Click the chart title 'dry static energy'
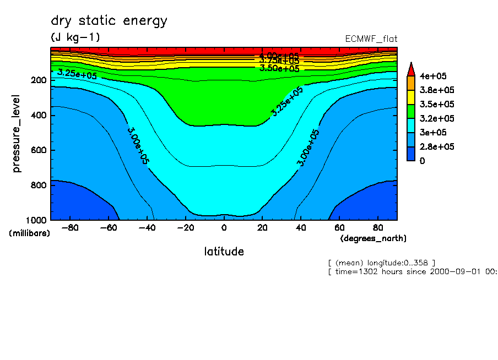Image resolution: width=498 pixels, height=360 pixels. (109, 21)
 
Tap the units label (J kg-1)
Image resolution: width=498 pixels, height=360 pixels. (75, 37)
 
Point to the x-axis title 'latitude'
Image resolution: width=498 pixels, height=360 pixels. (224, 252)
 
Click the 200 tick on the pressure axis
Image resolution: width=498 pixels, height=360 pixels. (39, 80)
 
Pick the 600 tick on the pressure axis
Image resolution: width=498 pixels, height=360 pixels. (39, 150)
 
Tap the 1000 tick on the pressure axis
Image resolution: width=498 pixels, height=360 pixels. (36, 220)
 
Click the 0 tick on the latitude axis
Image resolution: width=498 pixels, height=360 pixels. (224, 227)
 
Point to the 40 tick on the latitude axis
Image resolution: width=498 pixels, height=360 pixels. (301, 227)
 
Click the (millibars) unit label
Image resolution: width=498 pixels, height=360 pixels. (29, 233)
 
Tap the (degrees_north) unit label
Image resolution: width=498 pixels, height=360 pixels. (373, 238)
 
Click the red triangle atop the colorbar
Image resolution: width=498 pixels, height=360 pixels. (410, 69)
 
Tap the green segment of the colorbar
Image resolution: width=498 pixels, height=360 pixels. (410, 111)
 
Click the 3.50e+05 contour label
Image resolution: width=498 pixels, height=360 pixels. (279, 69)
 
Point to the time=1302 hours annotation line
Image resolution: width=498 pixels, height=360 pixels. (412, 271)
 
